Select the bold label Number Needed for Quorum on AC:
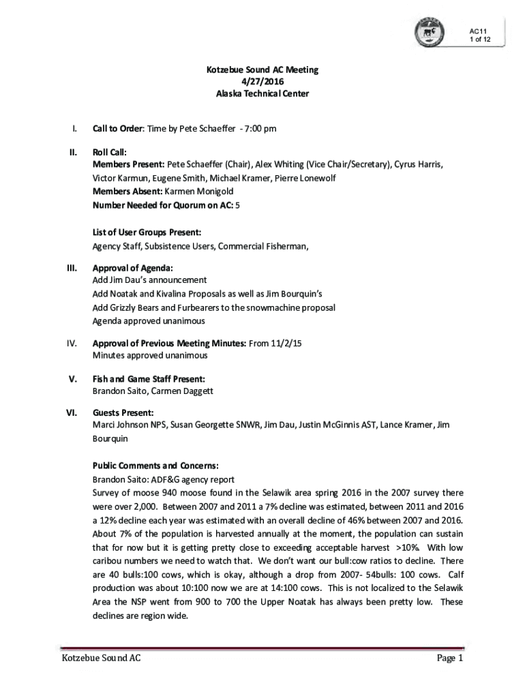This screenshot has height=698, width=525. [163, 204]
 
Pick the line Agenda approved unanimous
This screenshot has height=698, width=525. [149, 320]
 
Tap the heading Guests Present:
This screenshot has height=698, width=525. [123, 412]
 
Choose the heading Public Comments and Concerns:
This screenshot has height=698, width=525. [155, 466]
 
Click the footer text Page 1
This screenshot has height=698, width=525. [450, 658]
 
